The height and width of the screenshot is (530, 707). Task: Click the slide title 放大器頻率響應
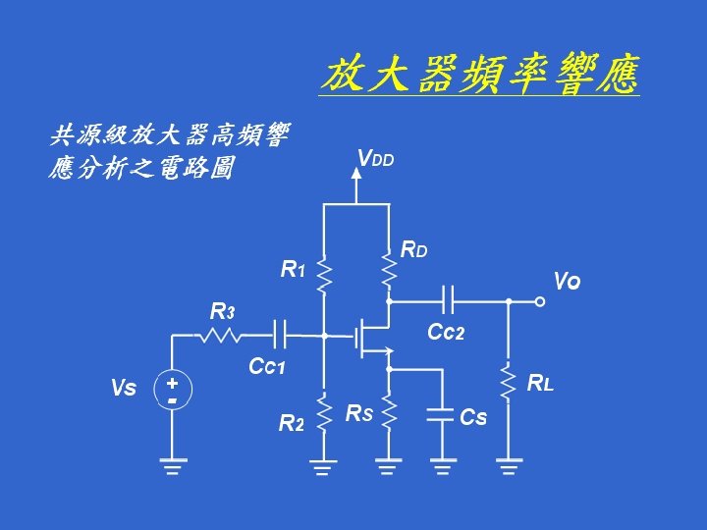[x=480, y=75]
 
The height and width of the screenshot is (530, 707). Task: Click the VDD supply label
[x=375, y=158]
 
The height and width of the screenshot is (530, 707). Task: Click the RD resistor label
[x=413, y=250]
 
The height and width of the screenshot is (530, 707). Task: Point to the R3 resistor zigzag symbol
[x=221, y=336]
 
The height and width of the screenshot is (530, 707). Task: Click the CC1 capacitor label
[x=266, y=367]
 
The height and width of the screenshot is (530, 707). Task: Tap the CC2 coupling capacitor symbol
[x=448, y=302]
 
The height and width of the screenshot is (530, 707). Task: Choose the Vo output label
[x=567, y=282]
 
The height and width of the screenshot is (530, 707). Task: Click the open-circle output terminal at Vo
[x=539, y=302]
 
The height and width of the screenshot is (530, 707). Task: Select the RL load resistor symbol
[x=509, y=382]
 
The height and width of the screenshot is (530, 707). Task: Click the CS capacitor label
[x=473, y=417]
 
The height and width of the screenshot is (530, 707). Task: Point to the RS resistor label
[x=358, y=414]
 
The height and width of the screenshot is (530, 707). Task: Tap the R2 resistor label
[x=291, y=424]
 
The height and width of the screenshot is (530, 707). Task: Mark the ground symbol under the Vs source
[x=172, y=465]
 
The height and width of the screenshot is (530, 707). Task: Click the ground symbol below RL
[x=509, y=465]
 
